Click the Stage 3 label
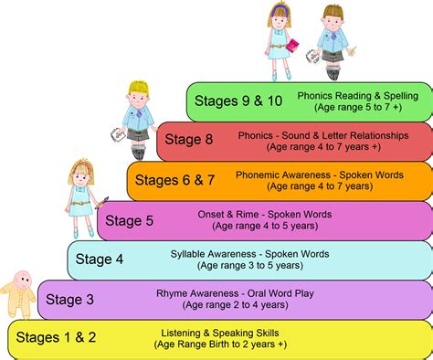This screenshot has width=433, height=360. [69, 299]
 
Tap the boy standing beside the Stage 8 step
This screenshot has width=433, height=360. [139, 114]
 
